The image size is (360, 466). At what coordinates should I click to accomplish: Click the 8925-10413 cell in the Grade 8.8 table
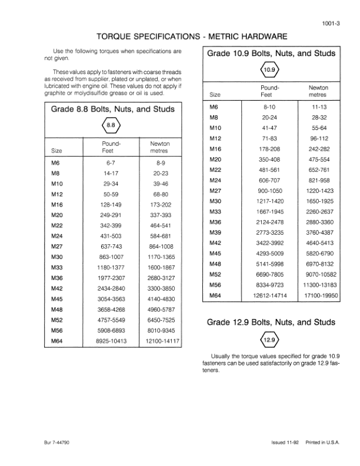coord(112,341)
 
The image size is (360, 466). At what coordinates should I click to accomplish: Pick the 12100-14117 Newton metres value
coord(161,341)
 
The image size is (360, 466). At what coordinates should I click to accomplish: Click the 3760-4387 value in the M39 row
coord(319,233)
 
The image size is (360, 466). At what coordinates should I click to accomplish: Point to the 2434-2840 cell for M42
coord(112,288)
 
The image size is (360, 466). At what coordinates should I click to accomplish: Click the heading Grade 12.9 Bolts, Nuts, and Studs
coord(271,322)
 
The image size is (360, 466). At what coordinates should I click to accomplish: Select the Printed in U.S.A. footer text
coord(322,442)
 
